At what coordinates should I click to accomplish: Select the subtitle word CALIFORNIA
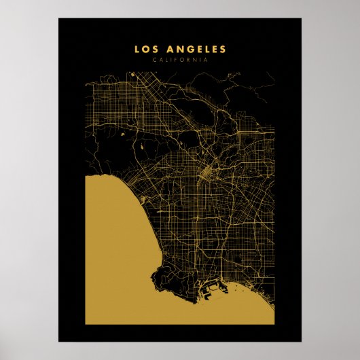180,60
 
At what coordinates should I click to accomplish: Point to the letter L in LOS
137,50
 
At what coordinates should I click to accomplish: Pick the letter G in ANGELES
187,50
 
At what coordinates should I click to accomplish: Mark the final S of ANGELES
223,50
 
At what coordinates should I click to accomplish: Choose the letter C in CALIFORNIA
155,60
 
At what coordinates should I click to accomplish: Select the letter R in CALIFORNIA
190,60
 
